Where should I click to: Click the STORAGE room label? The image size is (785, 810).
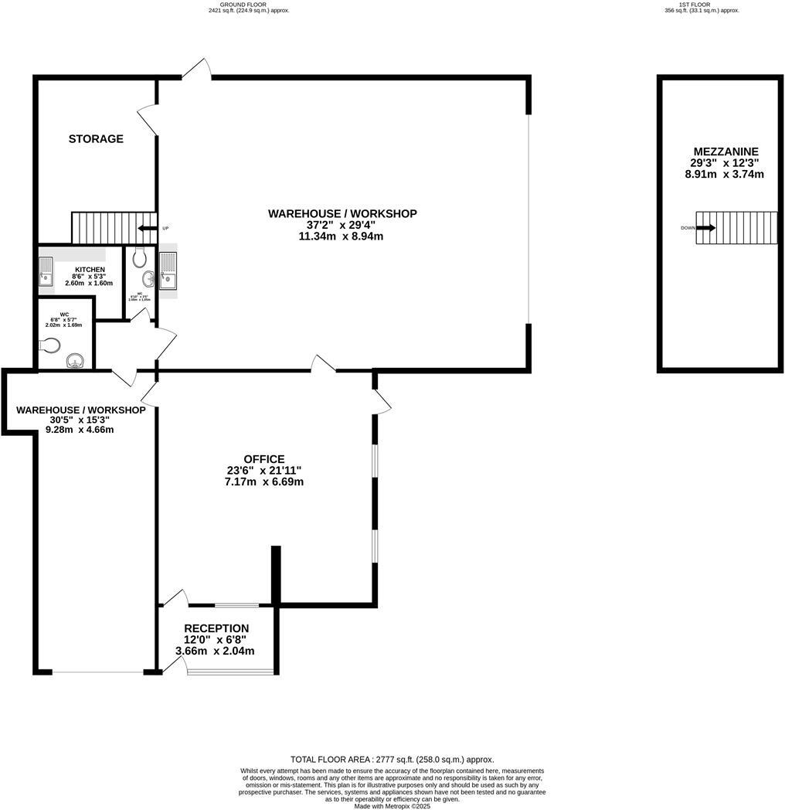(x=96, y=139)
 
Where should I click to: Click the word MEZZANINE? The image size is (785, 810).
(x=726, y=151)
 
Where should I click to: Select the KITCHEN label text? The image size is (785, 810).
(x=90, y=270)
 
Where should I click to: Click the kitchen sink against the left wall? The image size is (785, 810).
(x=46, y=272)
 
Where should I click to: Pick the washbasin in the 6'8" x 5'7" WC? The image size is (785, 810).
(x=76, y=360)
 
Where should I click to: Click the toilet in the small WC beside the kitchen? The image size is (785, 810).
(x=139, y=256)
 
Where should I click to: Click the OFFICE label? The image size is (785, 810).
(x=264, y=459)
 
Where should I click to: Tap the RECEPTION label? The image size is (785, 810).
(x=216, y=628)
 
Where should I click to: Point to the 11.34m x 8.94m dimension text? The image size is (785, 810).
(x=341, y=237)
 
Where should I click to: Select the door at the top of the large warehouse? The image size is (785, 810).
(x=197, y=69)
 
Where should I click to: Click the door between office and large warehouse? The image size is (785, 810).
(x=322, y=364)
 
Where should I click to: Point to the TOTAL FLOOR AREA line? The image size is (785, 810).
(x=392, y=760)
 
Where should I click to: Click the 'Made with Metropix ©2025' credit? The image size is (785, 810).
(x=392, y=805)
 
